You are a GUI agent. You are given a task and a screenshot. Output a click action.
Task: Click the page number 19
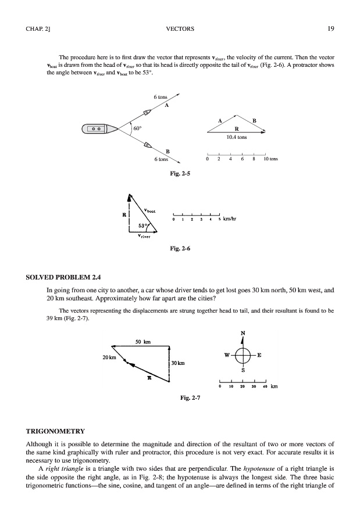(329, 28)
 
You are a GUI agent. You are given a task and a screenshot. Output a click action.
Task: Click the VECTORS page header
(180, 28)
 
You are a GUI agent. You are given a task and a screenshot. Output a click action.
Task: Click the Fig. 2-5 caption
(180, 173)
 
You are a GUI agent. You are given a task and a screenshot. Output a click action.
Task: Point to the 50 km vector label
(143, 342)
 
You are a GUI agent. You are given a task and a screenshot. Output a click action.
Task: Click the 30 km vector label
(177, 364)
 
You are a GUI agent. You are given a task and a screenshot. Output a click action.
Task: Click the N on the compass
(243, 333)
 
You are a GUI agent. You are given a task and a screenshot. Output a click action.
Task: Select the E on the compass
(259, 354)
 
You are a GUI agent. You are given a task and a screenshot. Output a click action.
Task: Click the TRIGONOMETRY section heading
(56, 431)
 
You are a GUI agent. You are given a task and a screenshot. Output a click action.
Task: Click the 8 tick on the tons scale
(254, 158)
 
